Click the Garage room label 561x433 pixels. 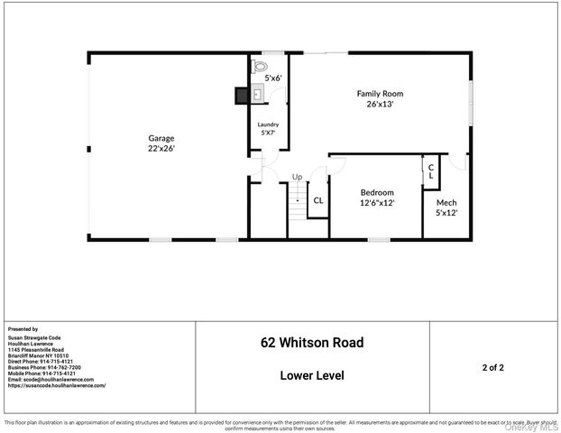pos(161,138)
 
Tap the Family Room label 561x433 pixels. pos(379,93)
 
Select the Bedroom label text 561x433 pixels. pos(377,192)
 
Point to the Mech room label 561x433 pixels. pos(446,203)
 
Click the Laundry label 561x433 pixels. pos(268,124)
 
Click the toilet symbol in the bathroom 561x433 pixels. pos(261,67)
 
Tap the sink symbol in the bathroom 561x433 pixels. pos(257,93)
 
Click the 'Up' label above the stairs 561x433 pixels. pos(297,177)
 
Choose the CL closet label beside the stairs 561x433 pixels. pos(317,201)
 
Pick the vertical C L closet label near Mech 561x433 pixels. pos(431,171)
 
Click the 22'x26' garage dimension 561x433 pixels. pos(161,148)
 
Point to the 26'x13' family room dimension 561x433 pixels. pos(379,104)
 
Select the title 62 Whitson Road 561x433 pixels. pos(312,343)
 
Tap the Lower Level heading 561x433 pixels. pos(312,375)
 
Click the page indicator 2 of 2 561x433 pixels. pos(492,368)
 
